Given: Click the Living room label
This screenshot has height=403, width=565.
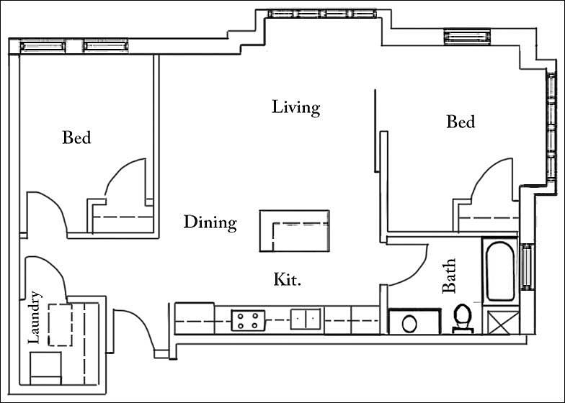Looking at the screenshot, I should tap(295, 108).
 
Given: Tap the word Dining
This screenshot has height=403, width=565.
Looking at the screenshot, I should tap(209, 222).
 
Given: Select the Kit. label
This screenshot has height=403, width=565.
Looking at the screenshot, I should tap(287, 279).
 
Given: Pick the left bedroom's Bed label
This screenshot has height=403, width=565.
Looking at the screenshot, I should tap(76, 137).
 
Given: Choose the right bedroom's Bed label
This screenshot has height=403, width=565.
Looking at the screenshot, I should tap(461, 122).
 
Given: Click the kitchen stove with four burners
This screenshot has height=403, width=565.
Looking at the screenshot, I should tap(248, 320).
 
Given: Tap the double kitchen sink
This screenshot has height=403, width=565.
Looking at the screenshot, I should tap(306, 319).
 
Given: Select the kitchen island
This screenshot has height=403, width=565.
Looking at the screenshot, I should tap(294, 230).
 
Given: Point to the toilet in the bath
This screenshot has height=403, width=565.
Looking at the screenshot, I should tap(461, 319).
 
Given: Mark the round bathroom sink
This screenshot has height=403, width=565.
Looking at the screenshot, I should tap(409, 322).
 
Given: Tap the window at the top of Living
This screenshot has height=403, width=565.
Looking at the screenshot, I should tap(322, 13).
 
